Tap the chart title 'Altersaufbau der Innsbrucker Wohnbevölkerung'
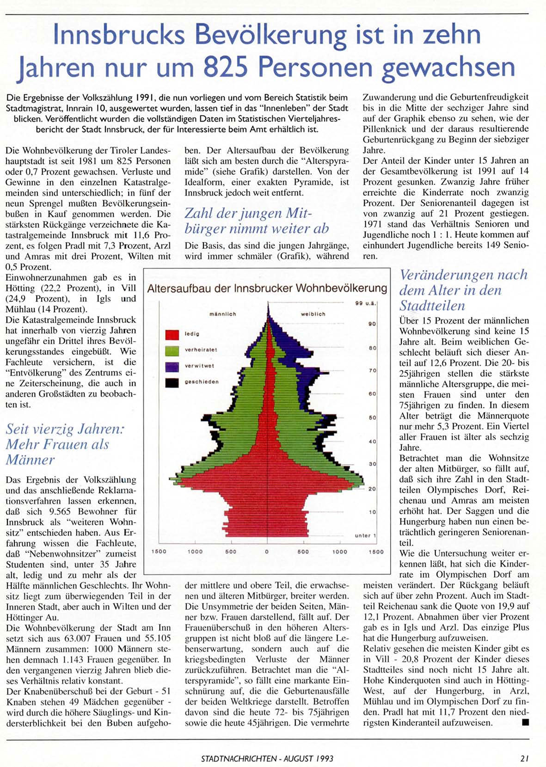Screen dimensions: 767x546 267,288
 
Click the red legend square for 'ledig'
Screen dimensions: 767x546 172,334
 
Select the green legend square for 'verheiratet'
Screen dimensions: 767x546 172,350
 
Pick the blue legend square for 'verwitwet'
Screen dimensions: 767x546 172,367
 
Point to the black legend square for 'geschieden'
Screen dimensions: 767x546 172,382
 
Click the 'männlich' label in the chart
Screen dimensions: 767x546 222,314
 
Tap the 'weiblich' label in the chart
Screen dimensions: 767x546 313,314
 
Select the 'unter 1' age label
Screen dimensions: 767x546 365,535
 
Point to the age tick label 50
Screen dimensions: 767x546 372,417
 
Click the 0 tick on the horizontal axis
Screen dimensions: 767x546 267,552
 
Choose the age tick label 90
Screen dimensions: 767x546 372,324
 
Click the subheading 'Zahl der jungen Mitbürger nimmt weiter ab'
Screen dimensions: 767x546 257,221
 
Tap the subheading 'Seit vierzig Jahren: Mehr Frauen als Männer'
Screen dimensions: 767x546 65,444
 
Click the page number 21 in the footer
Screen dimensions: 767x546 524,758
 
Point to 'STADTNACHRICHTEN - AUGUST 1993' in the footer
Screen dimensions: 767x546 267,758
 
